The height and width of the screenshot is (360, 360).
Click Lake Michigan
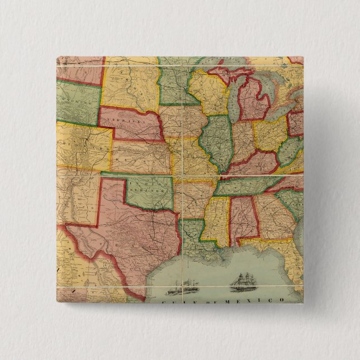[233, 98]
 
